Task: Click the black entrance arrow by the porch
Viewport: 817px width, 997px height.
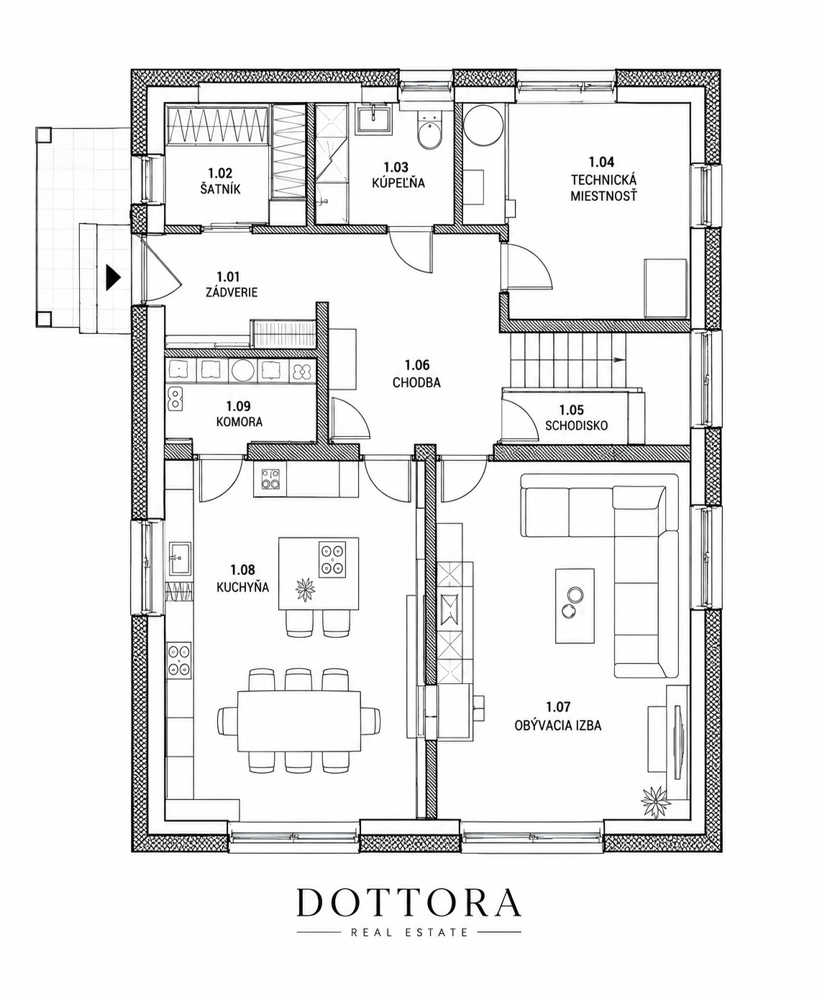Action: coord(113,277)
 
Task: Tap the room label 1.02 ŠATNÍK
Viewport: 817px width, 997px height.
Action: coord(220,181)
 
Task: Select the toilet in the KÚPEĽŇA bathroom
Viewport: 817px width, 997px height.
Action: coord(430,133)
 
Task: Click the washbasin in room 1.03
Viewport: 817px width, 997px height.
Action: coord(373,118)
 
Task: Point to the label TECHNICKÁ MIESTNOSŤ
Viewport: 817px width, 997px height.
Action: coord(603,188)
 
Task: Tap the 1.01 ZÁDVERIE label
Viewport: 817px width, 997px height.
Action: coord(232,284)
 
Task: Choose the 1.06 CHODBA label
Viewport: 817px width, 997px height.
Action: coord(416,374)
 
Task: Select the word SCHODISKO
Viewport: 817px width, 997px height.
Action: coord(576,425)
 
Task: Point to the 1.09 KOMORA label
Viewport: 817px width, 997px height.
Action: coord(239,414)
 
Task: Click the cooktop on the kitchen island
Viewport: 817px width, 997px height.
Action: coord(332,560)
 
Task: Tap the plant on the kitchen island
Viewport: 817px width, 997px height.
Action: coord(305,589)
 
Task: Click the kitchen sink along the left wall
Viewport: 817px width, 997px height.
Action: coord(180,559)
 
